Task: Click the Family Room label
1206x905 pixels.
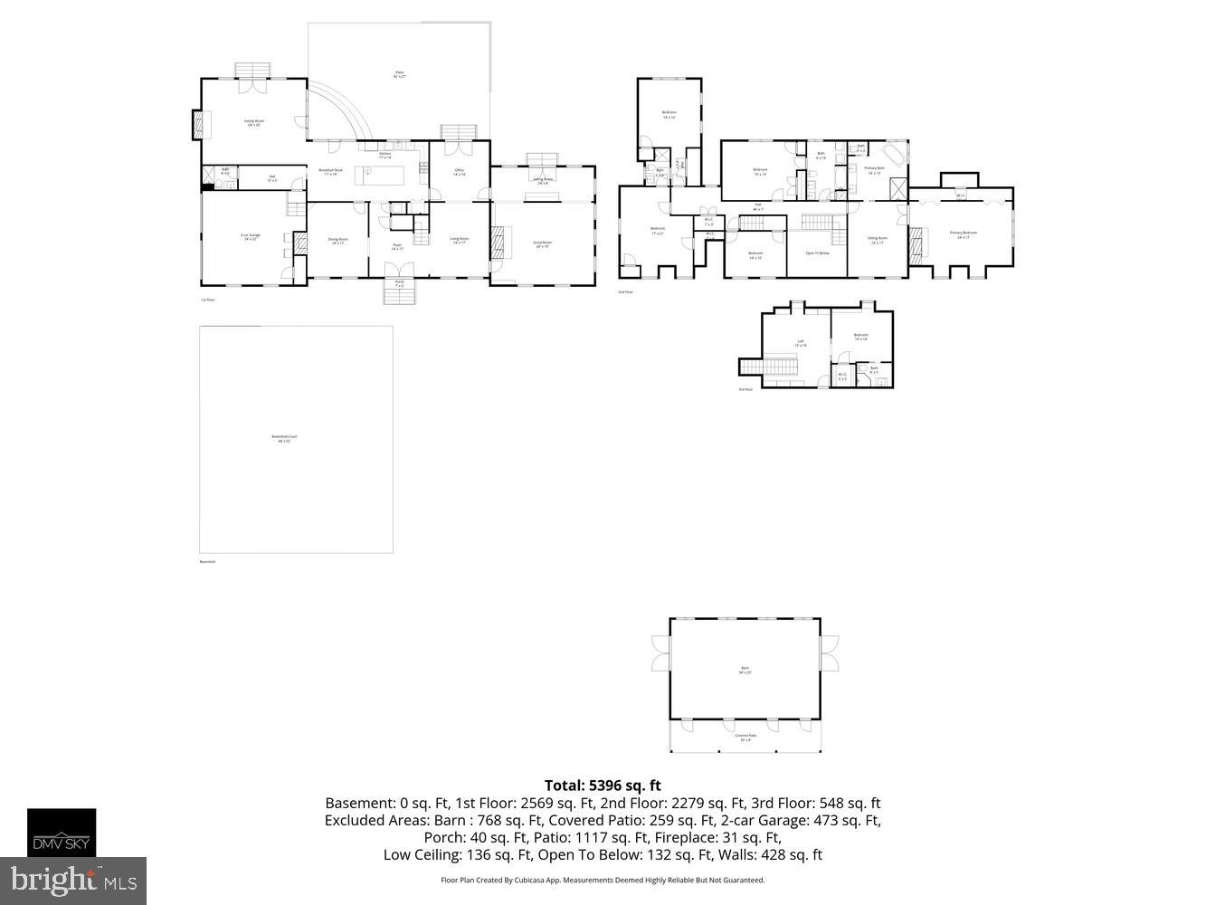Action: coord(253,123)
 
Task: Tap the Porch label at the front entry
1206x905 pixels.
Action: coord(399,284)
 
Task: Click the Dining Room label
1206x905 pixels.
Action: coord(337,241)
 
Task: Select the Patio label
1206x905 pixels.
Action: coord(399,75)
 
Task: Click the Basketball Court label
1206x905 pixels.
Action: coord(284,439)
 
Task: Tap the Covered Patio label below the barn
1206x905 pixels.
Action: coord(745,738)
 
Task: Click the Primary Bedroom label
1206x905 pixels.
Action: coord(963,234)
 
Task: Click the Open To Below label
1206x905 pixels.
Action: coord(816,253)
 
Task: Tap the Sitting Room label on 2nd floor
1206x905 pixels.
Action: coord(878,240)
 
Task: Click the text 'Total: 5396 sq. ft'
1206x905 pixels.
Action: coord(603,785)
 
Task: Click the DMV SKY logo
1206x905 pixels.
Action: coord(61,832)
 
